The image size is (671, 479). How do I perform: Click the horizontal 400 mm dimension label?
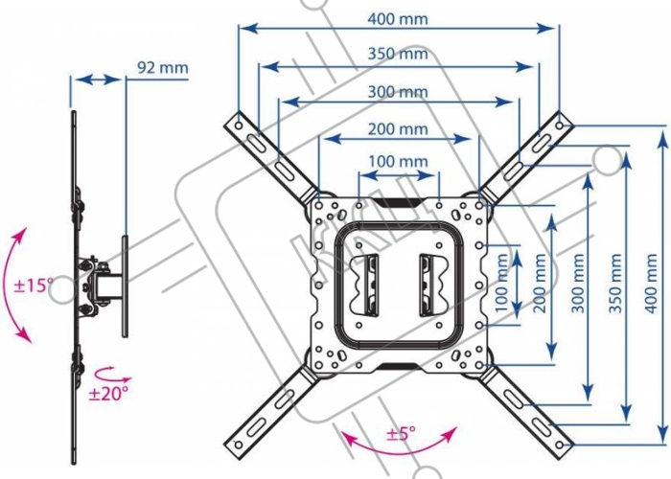(x=398, y=19)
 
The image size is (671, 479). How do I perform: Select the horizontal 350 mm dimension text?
(x=398, y=54)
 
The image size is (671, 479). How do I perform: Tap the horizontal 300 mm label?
(x=398, y=92)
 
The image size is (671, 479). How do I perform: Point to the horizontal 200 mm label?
(x=398, y=128)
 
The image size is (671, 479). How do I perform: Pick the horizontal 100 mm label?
(x=398, y=161)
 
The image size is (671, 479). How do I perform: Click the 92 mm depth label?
(x=163, y=68)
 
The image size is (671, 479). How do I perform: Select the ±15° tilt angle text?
(x=34, y=285)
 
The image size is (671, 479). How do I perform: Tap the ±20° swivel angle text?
(x=108, y=393)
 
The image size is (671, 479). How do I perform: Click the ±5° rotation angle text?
(x=401, y=434)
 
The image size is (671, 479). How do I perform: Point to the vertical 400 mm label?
(x=651, y=284)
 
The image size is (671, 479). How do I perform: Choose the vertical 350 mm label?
(x=615, y=284)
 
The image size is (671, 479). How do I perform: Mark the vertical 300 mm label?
(x=578, y=284)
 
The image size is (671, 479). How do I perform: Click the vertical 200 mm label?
(x=540, y=284)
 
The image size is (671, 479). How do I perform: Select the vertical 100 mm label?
(x=501, y=284)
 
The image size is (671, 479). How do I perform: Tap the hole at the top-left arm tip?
(x=239, y=125)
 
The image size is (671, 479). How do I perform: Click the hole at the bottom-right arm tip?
(x=560, y=445)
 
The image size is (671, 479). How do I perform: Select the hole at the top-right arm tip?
(x=560, y=125)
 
